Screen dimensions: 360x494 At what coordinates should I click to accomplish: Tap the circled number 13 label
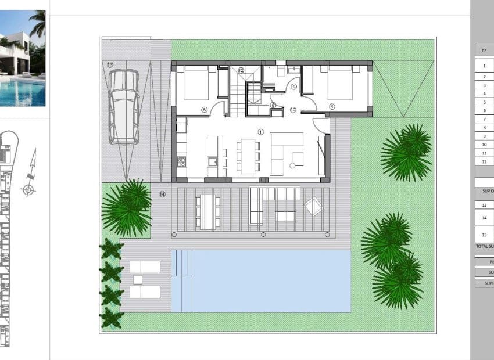110,64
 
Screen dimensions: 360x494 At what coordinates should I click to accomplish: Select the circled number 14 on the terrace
162,194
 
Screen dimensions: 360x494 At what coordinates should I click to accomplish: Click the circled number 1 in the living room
260,132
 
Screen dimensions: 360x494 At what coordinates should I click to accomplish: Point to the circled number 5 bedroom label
204,109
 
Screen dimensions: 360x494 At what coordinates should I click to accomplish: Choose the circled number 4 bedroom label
332,106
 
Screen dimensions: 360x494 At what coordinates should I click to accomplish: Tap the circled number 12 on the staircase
241,70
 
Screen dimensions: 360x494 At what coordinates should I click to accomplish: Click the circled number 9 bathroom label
293,87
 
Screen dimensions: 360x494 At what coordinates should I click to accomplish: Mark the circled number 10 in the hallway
292,109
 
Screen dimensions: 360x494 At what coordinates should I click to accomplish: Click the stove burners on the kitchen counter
181,161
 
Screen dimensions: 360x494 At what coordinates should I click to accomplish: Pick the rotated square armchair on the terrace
314,206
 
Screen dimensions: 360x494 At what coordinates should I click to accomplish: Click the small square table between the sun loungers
138,279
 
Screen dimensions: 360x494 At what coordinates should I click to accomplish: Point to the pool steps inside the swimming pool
182,280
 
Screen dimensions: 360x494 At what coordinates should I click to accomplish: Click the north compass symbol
30,174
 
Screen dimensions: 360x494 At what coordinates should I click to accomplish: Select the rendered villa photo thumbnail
22,58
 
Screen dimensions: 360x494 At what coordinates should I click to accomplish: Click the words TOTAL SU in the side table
484,246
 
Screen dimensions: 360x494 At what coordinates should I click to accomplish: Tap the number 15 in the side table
484,235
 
